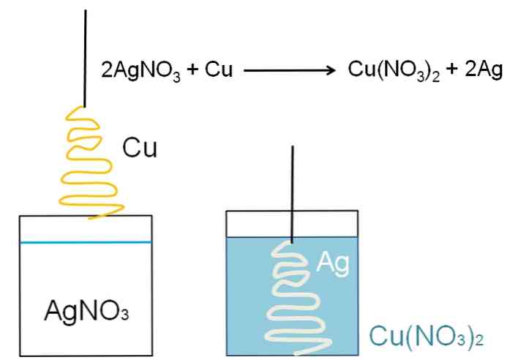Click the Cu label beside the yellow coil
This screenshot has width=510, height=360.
pos(140,149)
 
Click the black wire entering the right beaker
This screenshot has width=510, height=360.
pos(293,190)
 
